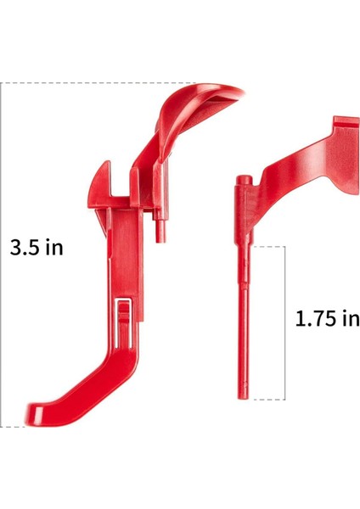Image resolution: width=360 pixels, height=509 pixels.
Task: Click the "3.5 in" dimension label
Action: [x=37, y=248]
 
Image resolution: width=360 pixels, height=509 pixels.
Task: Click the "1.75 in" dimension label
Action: [x=327, y=319]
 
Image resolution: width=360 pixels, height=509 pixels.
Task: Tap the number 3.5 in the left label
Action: [x=25, y=248]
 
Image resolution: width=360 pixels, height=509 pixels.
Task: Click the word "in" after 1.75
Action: [x=350, y=319]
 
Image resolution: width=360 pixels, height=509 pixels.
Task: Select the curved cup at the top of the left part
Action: [x=208, y=98]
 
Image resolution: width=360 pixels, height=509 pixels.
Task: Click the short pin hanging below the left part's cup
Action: [x=160, y=227]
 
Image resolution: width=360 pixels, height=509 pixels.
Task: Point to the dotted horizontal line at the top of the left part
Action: [x=102, y=83]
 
